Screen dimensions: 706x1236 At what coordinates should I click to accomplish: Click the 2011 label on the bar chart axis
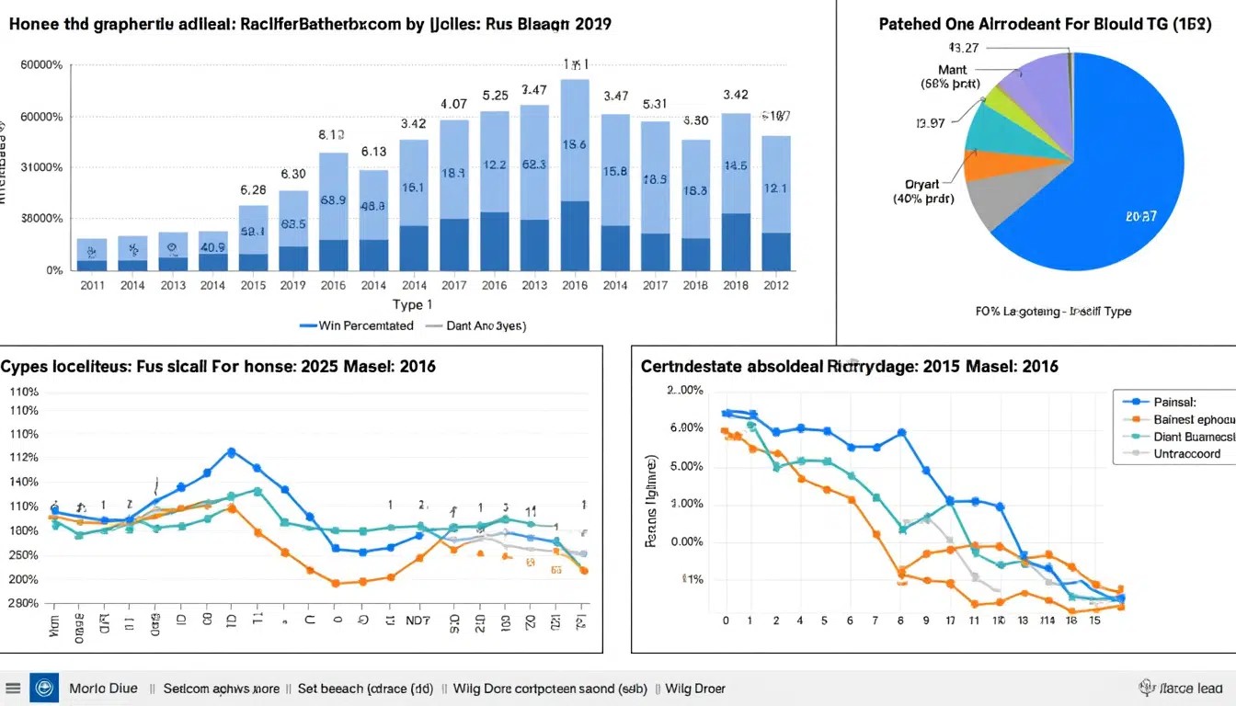92,286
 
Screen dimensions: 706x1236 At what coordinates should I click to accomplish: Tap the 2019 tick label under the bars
293,286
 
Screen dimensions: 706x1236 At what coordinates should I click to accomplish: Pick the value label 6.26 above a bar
253,190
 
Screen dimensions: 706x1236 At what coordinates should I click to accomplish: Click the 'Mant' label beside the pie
953,70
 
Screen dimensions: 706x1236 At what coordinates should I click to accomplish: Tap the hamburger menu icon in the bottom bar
13,688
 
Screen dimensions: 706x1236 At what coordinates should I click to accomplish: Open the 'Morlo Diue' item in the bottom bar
103,688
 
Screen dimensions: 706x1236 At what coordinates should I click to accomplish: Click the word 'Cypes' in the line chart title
24,366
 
